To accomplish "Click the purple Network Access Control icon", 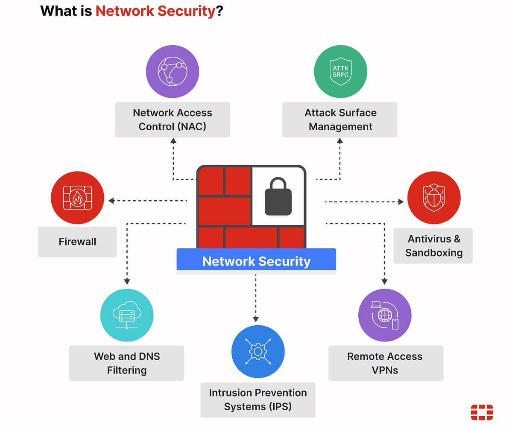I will pyautogui.click(x=173, y=72).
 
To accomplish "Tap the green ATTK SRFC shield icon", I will pyautogui.click(x=340, y=72).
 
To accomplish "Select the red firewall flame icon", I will pyautogui.click(x=77, y=198).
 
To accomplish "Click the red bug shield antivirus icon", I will pyautogui.click(x=433, y=198).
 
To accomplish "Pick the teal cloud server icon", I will pyautogui.click(x=127, y=315).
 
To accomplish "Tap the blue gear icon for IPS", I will pyautogui.click(x=258, y=352).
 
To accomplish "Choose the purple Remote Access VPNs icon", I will pyautogui.click(x=384, y=315).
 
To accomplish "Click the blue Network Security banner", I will pyautogui.click(x=256, y=261).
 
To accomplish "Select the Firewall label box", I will pyautogui.click(x=77, y=242).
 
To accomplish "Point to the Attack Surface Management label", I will pyautogui.click(x=340, y=120).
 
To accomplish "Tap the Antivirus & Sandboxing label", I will pyautogui.click(x=433, y=245).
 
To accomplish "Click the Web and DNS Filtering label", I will pyautogui.click(x=127, y=363).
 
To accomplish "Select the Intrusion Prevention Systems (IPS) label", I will pyautogui.click(x=258, y=400).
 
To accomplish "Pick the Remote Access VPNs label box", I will pyautogui.click(x=385, y=363).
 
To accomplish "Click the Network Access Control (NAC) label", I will pyautogui.click(x=173, y=120).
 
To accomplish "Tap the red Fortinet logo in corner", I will pyautogui.click(x=482, y=412).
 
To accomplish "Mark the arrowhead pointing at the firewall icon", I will pyautogui.click(x=111, y=200).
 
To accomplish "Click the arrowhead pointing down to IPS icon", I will pyautogui.click(x=256, y=318).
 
